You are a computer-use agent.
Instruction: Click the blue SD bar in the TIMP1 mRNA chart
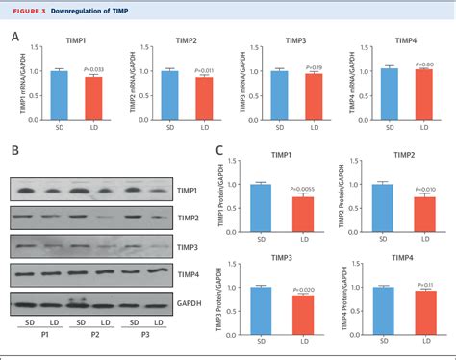(59, 94)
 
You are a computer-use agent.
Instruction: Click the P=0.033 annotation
(96, 69)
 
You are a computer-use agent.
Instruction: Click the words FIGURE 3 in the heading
(26, 10)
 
